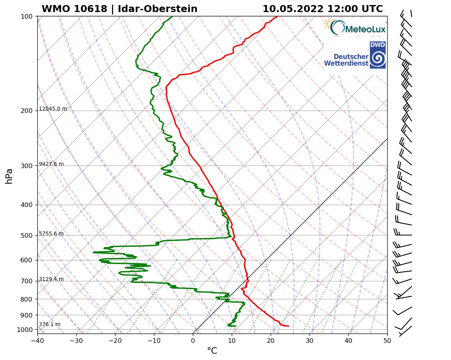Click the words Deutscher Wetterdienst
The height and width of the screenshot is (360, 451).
346,60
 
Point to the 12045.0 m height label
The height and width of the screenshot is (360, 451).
53,109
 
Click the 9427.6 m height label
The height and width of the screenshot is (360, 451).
51,164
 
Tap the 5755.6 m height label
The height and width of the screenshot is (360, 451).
51,234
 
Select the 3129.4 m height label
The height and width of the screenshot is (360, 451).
51,279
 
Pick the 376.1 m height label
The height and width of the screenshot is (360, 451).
49,325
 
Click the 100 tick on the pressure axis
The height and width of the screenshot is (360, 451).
26,16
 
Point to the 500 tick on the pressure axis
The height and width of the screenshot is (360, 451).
26,235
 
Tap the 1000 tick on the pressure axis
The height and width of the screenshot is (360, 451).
25,330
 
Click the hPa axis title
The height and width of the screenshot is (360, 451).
9,176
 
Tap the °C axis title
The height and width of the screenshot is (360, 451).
212,351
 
